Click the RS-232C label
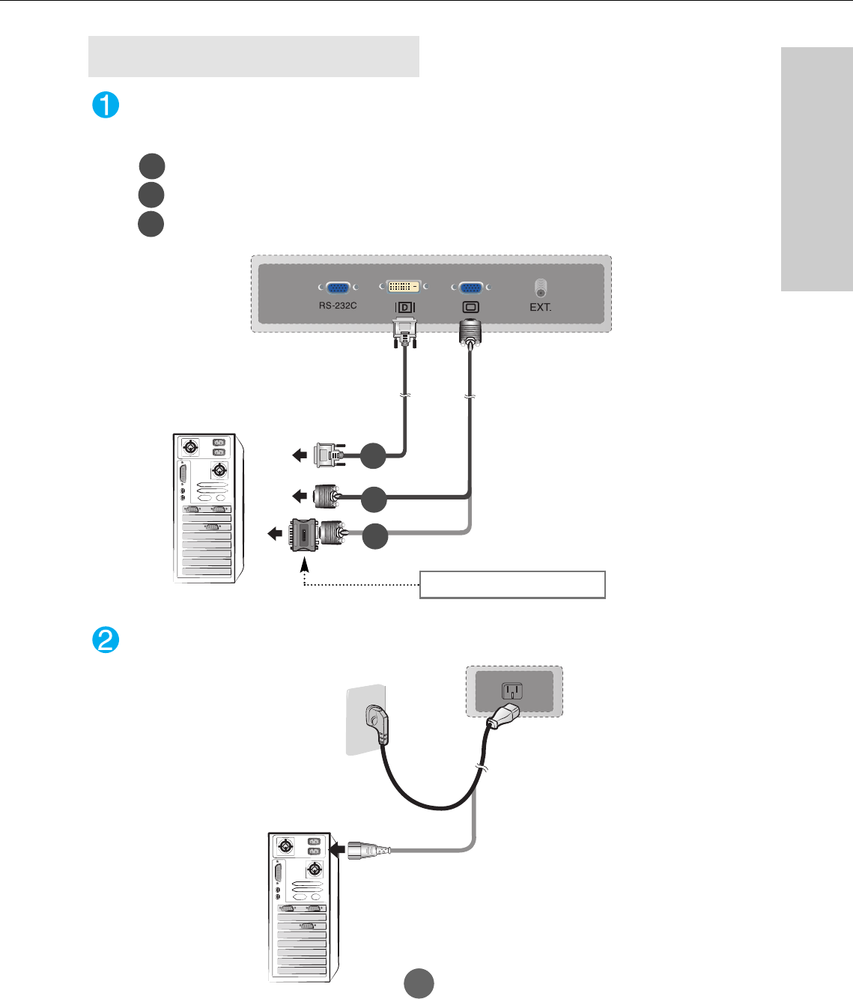click(338, 306)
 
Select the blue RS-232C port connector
click(338, 288)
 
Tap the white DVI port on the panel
click(404, 287)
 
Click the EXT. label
click(540, 307)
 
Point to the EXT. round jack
click(540, 288)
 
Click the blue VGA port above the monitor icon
click(470, 288)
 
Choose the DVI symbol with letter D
click(404, 307)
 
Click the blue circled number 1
click(106, 105)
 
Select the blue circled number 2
click(106, 640)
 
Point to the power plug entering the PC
click(368, 851)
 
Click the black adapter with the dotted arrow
click(303, 535)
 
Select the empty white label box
click(512, 584)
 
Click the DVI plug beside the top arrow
click(329, 455)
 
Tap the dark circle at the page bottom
click(419, 983)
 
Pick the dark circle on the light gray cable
click(375, 536)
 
